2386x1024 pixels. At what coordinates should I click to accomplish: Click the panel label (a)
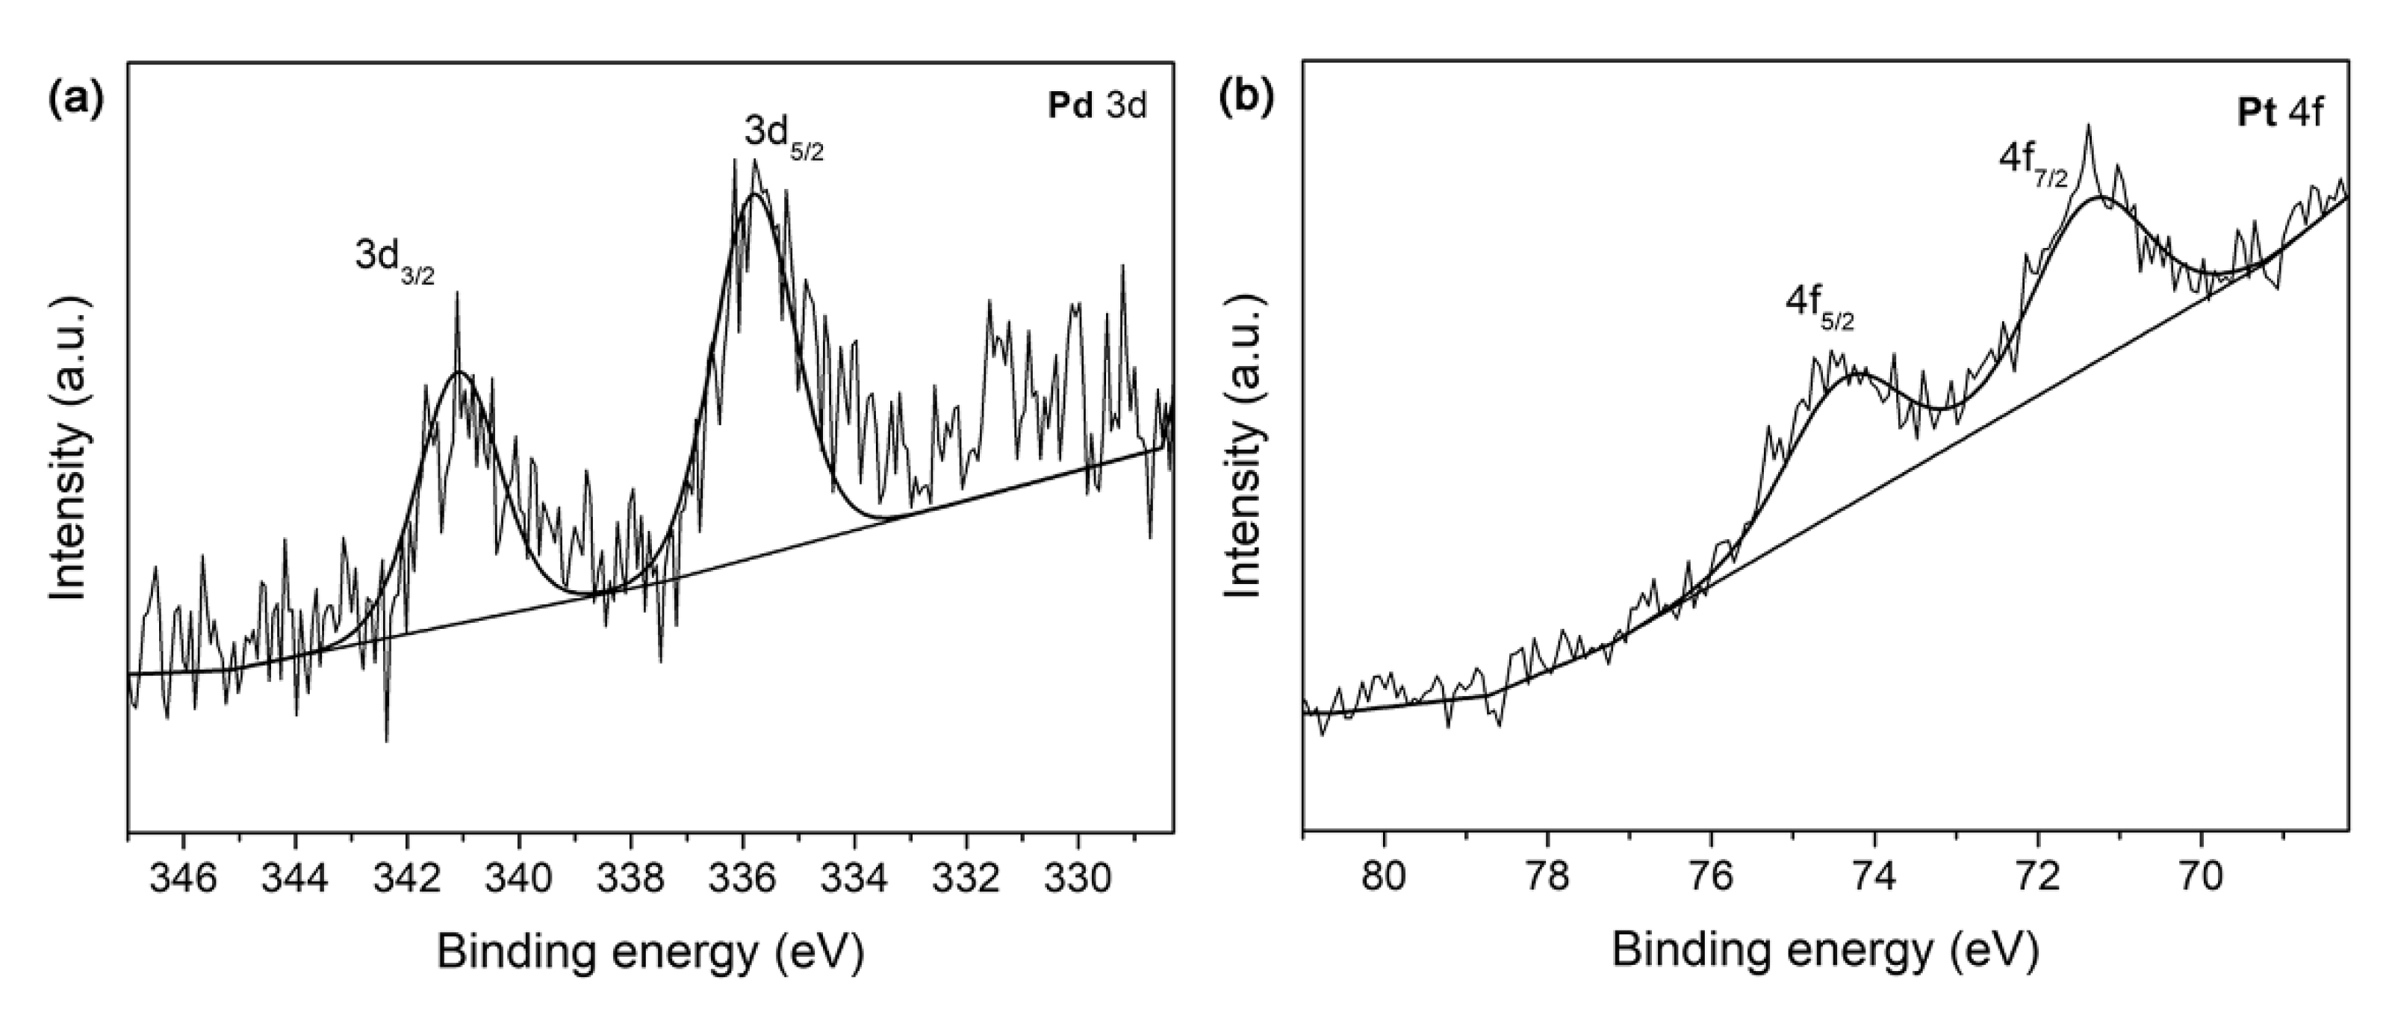76,97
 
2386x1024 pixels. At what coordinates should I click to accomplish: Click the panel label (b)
1250,97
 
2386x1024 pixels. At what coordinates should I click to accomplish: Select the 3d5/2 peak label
783,137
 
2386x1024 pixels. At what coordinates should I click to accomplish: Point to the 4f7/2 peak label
2033,165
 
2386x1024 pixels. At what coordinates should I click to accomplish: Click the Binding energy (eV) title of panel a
650,952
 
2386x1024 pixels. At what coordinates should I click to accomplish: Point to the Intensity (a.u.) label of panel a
72,449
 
